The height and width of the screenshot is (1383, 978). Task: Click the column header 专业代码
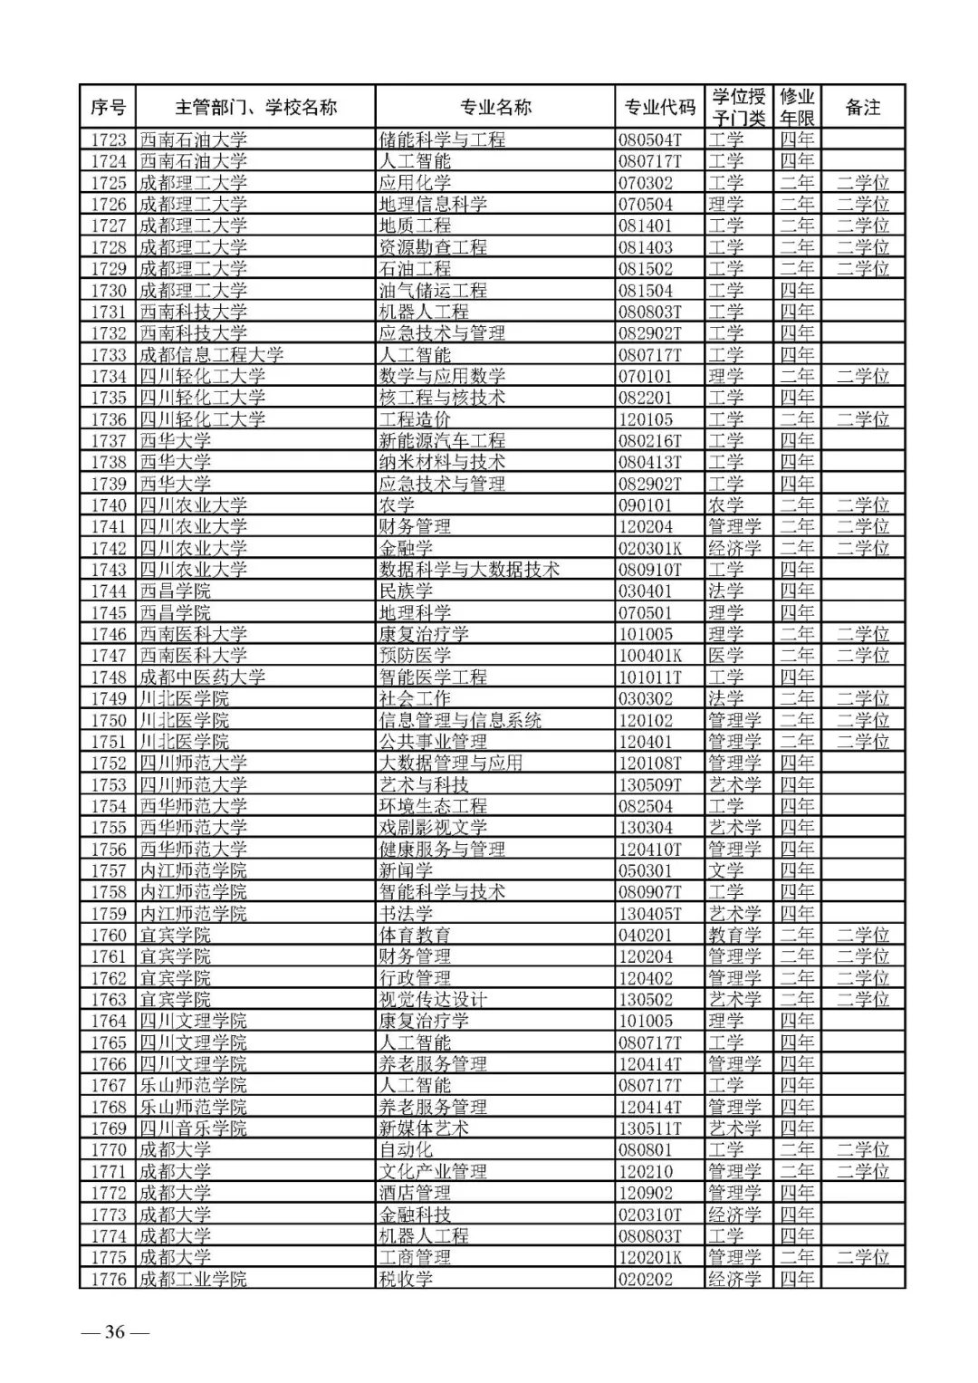pos(659,108)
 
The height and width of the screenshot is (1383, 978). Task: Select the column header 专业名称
pos(495,108)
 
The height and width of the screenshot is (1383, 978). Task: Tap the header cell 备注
pos(862,108)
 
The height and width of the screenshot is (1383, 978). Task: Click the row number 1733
pos(109,355)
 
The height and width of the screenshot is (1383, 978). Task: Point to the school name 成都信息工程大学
pos(211,355)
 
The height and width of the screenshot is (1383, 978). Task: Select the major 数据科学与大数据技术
pos(469,570)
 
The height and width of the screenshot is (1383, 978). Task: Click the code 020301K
pos(650,548)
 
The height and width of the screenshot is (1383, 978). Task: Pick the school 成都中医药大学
pos(202,677)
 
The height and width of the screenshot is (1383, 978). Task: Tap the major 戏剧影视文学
pos(433,828)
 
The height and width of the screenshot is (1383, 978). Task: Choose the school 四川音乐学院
pos(193,1128)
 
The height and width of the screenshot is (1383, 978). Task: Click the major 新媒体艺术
pos(424,1128)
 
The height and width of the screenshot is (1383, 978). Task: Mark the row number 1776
pos(109,1279)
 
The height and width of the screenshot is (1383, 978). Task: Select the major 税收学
pos(406,1279)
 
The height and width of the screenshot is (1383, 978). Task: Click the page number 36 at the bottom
pos(115,1331)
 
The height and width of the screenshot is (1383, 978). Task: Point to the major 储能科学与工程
pos(442,139)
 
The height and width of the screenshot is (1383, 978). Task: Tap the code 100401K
pos(650,656)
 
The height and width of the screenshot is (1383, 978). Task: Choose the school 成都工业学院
pos(193,1279)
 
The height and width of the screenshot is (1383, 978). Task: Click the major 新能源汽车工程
pos(442,441)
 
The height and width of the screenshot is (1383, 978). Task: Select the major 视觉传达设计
pos(433,1000)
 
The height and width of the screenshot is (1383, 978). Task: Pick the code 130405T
pos(650,914)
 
